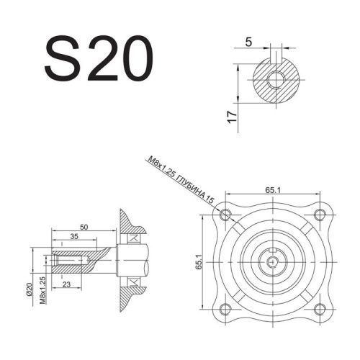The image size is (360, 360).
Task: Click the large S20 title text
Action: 99,59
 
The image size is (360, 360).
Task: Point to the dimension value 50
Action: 84,227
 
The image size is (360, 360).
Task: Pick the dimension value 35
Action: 76,236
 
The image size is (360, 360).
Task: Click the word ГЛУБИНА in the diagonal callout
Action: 191,184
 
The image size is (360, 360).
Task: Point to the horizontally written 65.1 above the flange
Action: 272,190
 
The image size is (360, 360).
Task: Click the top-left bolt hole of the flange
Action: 227,215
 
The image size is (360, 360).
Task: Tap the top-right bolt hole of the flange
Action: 319,215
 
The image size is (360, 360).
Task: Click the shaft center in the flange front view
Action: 273,261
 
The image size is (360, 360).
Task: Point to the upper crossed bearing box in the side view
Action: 135,238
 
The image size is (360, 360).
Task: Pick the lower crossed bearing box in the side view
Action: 135,281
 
